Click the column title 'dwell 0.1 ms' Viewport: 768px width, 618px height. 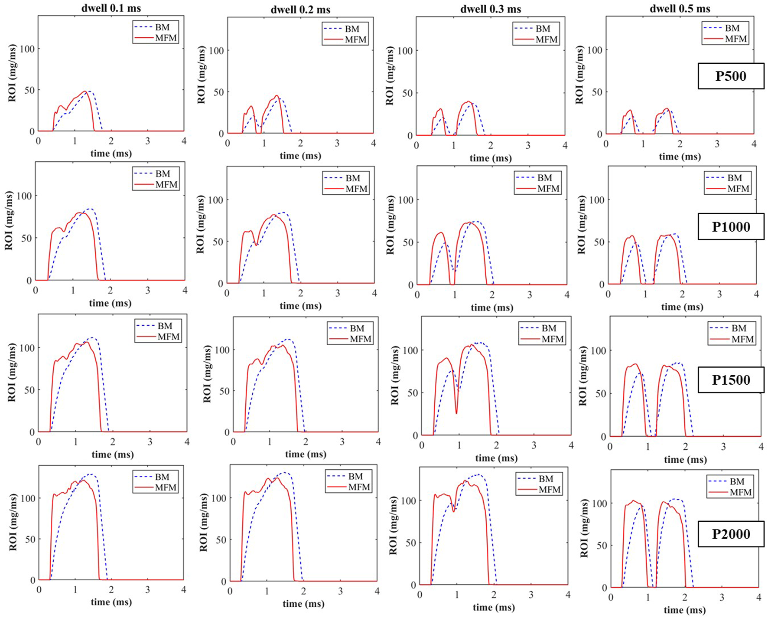pyautogui.click(x=111, y=8)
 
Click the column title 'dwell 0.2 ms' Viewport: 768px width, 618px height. pyautogui.click(x=300, y=10)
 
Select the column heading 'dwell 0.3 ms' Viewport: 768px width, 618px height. pyautogui.click(x=490, y=9)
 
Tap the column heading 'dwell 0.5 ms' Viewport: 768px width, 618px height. pyautogui.click(x=680, y=9)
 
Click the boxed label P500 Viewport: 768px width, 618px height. pyautogui.click(x=730, y=76)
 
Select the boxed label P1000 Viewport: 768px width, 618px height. pyautogui.click(x=731, y=227)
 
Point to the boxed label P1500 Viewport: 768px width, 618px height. pyautogui.click(x=731, y=380)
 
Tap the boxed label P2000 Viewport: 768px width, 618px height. pyautogui.click(x=731, y=534)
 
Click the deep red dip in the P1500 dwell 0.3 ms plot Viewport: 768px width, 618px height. pyautogui.click(x=456, y=412)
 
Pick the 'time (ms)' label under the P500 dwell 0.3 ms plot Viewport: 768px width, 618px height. pyautogui.click(x=490, y=158)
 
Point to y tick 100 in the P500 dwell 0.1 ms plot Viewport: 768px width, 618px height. pyautogui.click(x=27, y=49)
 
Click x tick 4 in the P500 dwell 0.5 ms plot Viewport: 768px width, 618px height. pyautogui.click(x=754, y=144)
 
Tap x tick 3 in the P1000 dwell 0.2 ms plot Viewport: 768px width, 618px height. pyautogui.click(x=338, y=294)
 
